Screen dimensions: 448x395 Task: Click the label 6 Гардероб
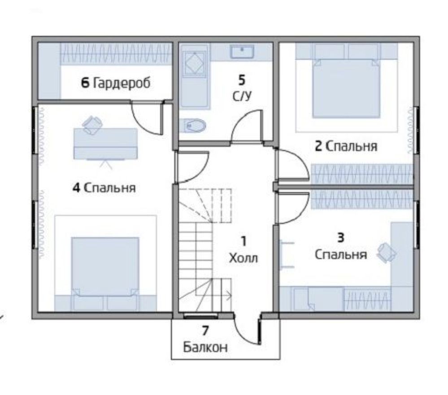[x=116, y=83]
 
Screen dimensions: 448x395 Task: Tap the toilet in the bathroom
[x=193, y=126]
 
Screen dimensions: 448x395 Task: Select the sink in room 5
[x=242, y=52]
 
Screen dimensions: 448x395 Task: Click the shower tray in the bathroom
[x=194, y=64]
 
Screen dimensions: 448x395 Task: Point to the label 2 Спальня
[x=346, y=146]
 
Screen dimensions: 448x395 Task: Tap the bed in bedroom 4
[x=105, y=273]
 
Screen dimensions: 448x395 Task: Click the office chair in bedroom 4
[x=92, y=125]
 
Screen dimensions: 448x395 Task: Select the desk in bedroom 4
[x=105, y=144]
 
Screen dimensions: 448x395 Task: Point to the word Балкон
[x=205, y=347]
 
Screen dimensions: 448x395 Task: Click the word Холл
[x=244, y=258]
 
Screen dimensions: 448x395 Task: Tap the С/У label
[x=242, y=96]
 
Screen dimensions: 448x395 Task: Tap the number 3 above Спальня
[x=341, y=238]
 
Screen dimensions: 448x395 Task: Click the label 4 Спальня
[x=104, y=188]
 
